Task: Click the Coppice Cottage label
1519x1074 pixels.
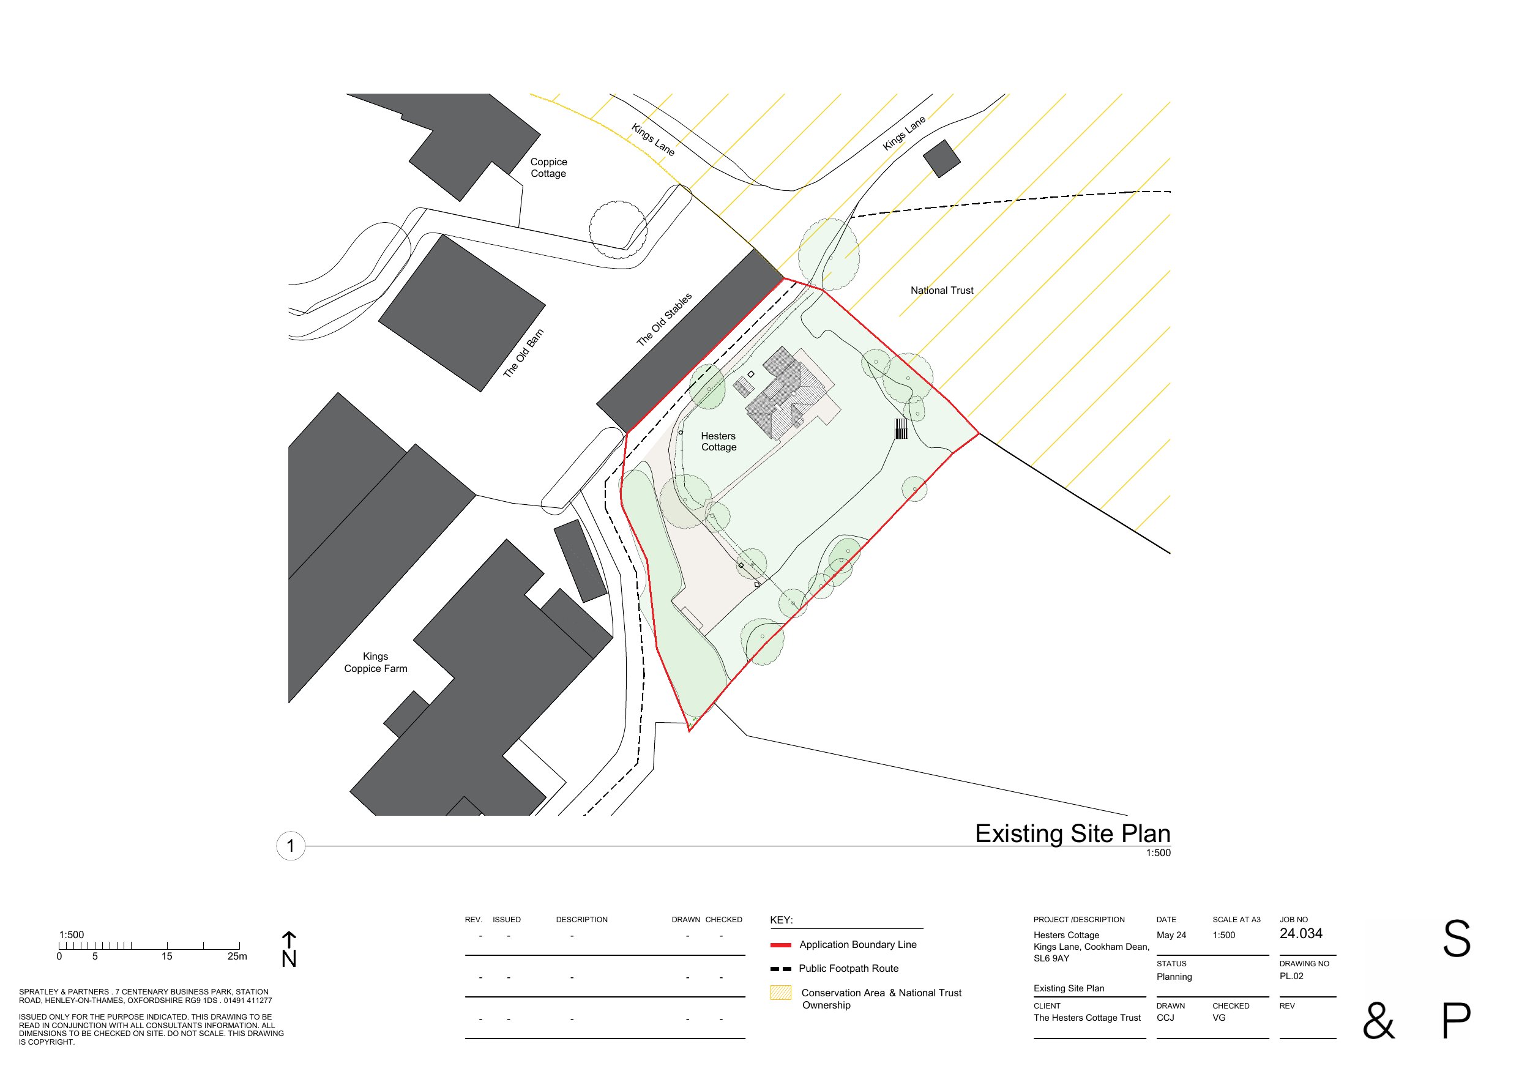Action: tap(548, 168)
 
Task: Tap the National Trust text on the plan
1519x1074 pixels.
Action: tap(941, 291)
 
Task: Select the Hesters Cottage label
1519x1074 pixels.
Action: tap(718, 441)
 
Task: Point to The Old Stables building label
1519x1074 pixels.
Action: tap(663, 319)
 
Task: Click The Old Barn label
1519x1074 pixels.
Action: tap(523, 353)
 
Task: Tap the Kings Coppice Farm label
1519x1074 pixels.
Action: tap(375, 662)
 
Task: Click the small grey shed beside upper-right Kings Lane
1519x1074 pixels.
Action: tap(941, 158)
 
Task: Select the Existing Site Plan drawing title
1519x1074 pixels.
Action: tap(1072, 833)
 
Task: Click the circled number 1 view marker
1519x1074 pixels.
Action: tap(291, 846)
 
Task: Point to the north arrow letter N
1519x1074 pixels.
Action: tap(289, 959)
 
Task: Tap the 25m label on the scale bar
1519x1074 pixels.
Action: tap(237, 957)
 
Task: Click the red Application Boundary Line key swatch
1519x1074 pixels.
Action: tap(781, 945)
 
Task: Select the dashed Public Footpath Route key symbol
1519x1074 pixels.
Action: tap(781, 969)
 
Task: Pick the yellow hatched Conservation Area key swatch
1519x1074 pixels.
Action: tap(781, 993)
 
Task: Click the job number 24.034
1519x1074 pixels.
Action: tap(1301, 934)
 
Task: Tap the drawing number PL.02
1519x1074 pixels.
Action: tap(1291, 976)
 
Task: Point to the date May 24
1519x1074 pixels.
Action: tap(1171, 935)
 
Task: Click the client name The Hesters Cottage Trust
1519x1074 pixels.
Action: tap(1087, 1018)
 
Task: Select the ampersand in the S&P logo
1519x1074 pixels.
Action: tap(1378, 1021)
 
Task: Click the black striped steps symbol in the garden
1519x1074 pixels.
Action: tap(901, 429)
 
